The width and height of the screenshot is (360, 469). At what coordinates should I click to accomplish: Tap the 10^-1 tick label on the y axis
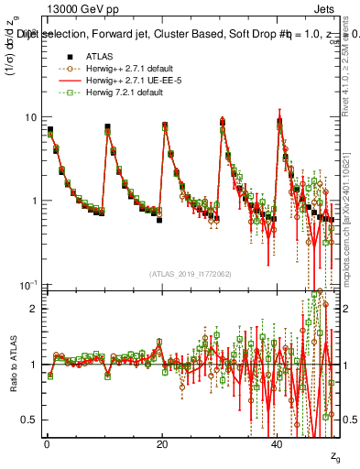coord(29,284)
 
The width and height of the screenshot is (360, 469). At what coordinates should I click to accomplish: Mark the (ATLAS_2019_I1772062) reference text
coord(190,272)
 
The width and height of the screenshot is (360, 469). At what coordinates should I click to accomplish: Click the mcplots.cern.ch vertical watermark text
coord(348,238)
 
